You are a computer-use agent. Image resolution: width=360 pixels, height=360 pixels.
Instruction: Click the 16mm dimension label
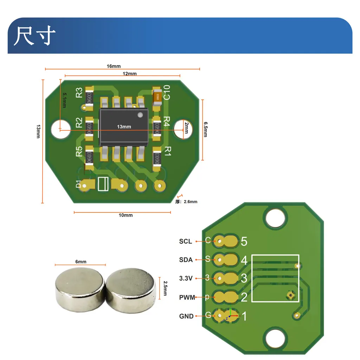click(x=114, y=66)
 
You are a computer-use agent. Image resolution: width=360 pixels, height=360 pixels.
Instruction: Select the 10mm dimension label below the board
click(x=126, y=215)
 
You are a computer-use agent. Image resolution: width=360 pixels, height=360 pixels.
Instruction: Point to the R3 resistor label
click(x=79, y=92)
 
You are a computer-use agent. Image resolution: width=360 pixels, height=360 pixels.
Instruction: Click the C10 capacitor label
click(x=166, y=92)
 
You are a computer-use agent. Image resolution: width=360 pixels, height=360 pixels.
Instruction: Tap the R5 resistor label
click(x=79, y=152)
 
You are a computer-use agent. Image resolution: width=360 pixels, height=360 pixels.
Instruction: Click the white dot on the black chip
click(x=140, y=115)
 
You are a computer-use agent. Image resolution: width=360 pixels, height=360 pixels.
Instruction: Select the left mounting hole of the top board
click(x=60, y=129)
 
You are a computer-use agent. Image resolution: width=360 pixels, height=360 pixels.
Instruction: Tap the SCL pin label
click(x=186, y=241)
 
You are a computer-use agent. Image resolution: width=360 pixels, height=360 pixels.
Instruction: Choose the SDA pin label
click(x=186, y=260)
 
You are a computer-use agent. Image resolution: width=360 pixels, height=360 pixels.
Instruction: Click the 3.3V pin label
click(x=186, y=278)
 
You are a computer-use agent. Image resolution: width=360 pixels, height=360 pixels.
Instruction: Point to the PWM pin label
click(x=187, y=297)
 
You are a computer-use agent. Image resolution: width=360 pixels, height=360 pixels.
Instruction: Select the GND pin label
click(x=186, y=316)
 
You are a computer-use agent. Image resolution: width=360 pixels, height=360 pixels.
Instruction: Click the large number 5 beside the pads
click(x=244, y=241)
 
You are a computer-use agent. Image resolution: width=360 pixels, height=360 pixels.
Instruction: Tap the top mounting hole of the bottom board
click(x=275, y=218)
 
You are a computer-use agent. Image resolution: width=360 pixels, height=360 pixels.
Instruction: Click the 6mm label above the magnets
click(x=81, y=262)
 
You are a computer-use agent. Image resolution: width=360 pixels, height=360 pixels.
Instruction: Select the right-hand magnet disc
click(x=130, y=289)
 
